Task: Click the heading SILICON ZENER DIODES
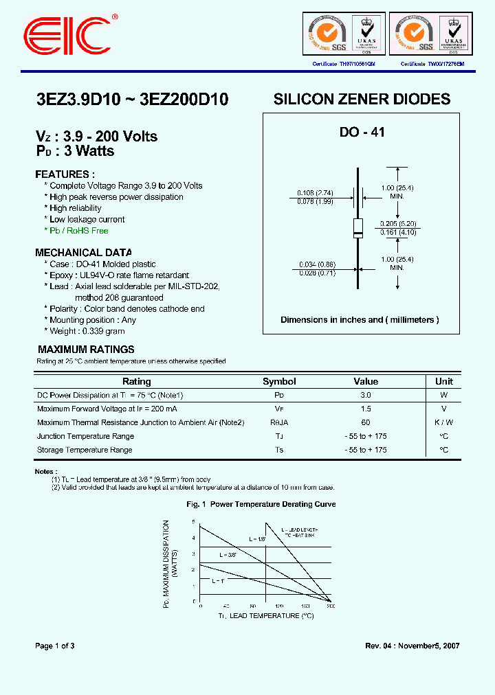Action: pyautogui.click(x=362, y=99)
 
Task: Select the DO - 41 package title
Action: pyautogui.click(x=362, y=133)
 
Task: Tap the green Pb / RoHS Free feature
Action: pyautogui.click(x=76, y=231)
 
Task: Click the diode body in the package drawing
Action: pyautogui.click(x=357, y=227)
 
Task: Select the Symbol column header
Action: pyautogui.click(x=279, y=381)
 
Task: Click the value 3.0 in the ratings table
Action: pyautogui.click(x=366, y=395)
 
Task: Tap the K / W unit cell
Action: pyautogui.click(x=444, y=422)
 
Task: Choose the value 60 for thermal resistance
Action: pyautogui.click(x=366, y=422)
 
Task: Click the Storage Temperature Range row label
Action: pyautogui.click(x=85, y=450)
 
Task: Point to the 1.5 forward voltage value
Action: pyautogui.click(x=366, y=409)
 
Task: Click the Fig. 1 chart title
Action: pyautogui.click(x=261, y=504)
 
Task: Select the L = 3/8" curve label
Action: pyautogui.click(x=228, y=554)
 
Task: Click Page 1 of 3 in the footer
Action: pyautogui.click(x=55, y=646)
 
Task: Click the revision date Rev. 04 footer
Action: pyautogui.click(x=412, y=646)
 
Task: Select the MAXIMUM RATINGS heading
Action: pyautogui.click(x=86, y=350)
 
